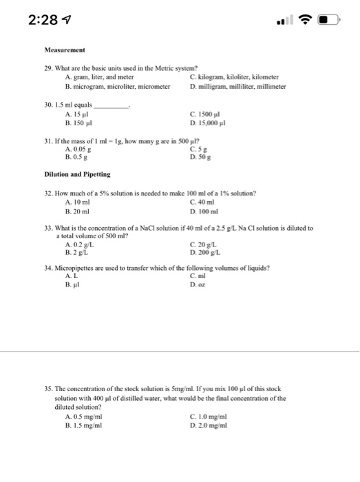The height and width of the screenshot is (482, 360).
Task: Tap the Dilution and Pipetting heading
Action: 77,175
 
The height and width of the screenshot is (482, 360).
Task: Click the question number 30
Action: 48,105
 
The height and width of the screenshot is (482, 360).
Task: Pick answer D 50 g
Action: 198,156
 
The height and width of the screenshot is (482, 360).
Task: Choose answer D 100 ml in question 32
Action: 202,210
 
